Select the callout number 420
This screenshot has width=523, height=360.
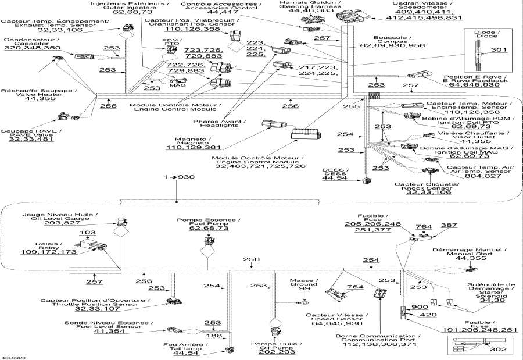click(428, 315)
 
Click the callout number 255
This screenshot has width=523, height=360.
click(350, 106)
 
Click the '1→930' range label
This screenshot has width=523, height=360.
click(177, 176)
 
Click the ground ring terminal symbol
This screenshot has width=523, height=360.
click(303, 302)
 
